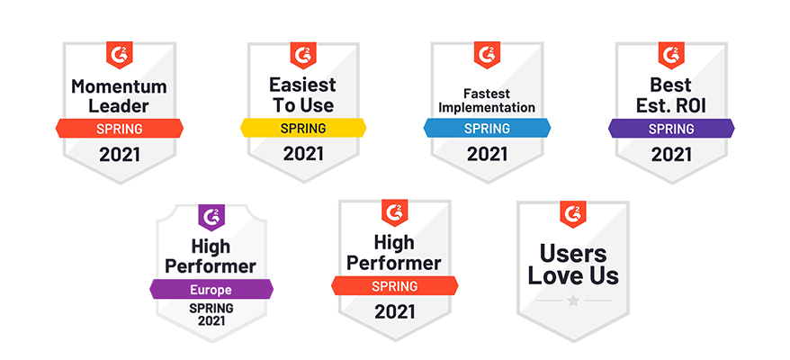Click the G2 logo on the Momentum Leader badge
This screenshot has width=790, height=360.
tap(120, 55)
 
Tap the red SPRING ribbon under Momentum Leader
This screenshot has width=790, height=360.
tap(120, 129)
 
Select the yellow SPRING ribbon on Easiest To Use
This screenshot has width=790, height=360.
tap(303, 128)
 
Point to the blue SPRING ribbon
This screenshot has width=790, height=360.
tap(487, 128)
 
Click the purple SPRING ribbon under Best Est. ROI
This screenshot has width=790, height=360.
tap(671, 128)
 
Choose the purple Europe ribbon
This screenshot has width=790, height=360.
tap(211, 289)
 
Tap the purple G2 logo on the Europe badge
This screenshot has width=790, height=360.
tap(211, 217)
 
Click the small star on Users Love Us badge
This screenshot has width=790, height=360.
tap(573, 301)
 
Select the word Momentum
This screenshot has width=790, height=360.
tap(119, 86)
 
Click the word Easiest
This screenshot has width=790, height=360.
tap(302, 85)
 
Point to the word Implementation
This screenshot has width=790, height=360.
tap(486, 107)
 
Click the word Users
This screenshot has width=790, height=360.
tap(573, 255)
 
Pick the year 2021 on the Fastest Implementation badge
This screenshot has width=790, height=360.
tap(487, 154)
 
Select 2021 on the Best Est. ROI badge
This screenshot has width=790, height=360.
tap(671, 154)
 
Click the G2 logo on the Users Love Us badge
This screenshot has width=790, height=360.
tap(573, 214)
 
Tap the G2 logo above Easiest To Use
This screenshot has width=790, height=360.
tap(303, 55)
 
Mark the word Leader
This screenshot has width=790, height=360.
tap(119, 106)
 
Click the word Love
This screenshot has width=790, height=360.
tap(552, 276)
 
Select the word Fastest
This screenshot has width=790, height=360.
tap(486, 94)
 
